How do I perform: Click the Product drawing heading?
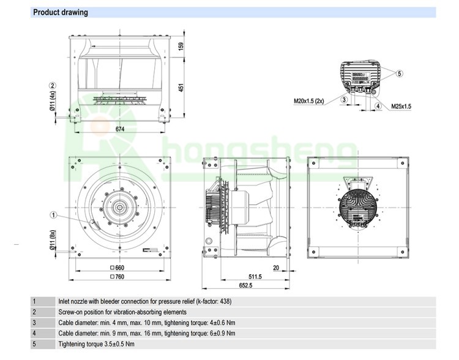pos(60,12)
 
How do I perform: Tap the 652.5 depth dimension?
pos(245,285)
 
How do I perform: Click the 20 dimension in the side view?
pos(276,268)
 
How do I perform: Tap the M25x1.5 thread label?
pos(401,106)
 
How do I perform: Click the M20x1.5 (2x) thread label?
pos(309,100)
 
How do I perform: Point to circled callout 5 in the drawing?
pos(399,73)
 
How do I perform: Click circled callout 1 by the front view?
pos(53,214)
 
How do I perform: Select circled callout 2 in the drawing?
pos(53,85)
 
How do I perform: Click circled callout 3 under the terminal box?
pos(345,99)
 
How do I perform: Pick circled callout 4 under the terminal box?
pos(378,106)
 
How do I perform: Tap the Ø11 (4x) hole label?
pos(53,101)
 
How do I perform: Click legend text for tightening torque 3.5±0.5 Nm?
pos(95,344)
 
